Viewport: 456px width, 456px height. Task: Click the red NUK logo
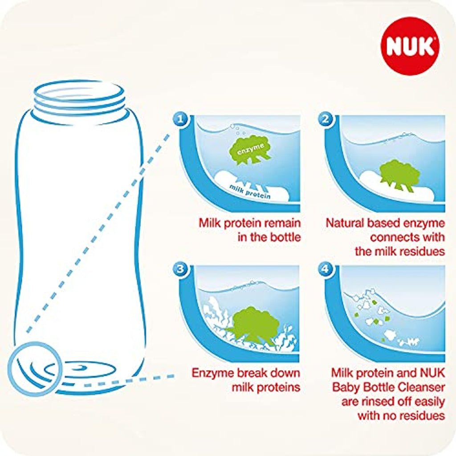click(x=410, y=46)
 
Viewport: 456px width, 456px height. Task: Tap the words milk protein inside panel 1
click(x=250, y=191)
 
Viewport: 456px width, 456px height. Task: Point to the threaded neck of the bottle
click(x=80, y=99)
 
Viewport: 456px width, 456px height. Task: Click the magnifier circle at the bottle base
click(x=35, y=369)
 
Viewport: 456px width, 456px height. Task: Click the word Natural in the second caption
click(x=345, y=223)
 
